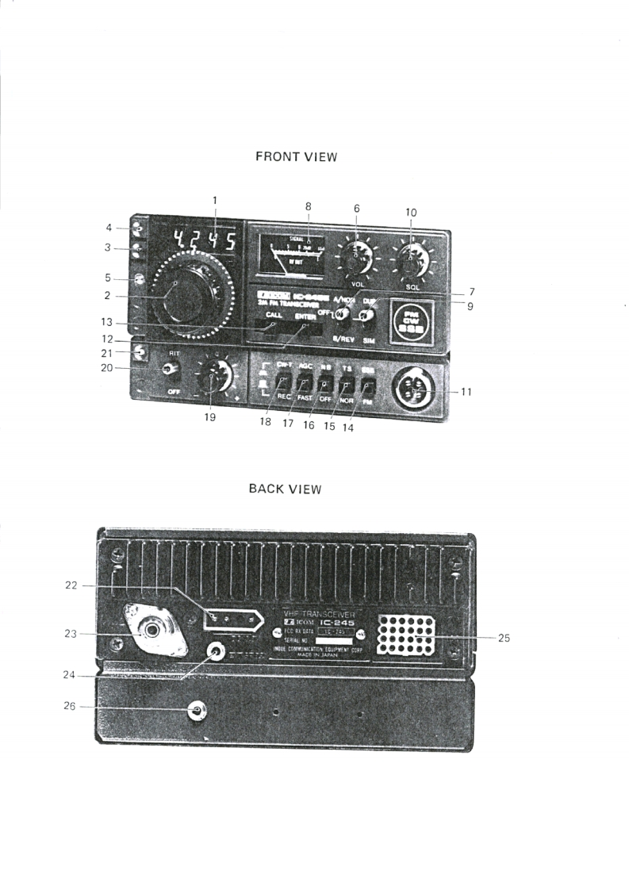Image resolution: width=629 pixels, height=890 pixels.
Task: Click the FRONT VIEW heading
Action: click(x=297, y=156)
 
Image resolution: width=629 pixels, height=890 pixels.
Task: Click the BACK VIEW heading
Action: click(x=285, y=489)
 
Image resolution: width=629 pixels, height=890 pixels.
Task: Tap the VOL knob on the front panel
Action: click(x=355, y=258)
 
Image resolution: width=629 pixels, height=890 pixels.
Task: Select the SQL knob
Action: click(x=411, y=259)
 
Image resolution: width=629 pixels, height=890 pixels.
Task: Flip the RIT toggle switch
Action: click(x=168, y=369)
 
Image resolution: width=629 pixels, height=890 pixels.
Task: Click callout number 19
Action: click(x=210, y=418)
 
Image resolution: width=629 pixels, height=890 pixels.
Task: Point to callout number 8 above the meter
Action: click(x=308, y=206)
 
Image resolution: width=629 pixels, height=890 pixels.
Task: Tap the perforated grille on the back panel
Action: click(x=406, y=635)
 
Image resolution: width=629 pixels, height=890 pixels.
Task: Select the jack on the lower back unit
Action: click(x=197, y=711)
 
